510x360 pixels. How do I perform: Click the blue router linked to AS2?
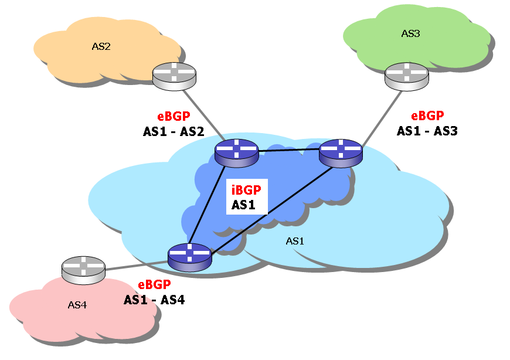click(x=236, y=153)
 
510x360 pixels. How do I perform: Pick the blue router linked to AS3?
click(x=341, y=153)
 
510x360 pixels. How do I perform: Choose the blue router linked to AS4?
click(x=189, y=257)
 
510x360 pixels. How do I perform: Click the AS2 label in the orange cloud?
click(x=101, y=46)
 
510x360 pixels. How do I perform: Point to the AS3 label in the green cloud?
click(x=410, y=33)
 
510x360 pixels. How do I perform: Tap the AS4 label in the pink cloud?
click(x=77, y=305)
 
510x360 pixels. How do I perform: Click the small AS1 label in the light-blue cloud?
click(x=295, y=241)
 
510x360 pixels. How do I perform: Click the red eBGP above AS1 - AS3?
click(x=427, y=116)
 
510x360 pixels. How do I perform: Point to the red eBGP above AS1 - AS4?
click(x=154, y=286)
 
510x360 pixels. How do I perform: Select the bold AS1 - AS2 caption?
click(x=173, y=132)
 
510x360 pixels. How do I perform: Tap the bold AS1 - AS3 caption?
click(x=427, y=131)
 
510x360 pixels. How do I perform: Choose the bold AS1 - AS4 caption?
click(x=154, y=300)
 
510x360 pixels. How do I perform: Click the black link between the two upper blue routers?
click(x=288, y=151)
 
